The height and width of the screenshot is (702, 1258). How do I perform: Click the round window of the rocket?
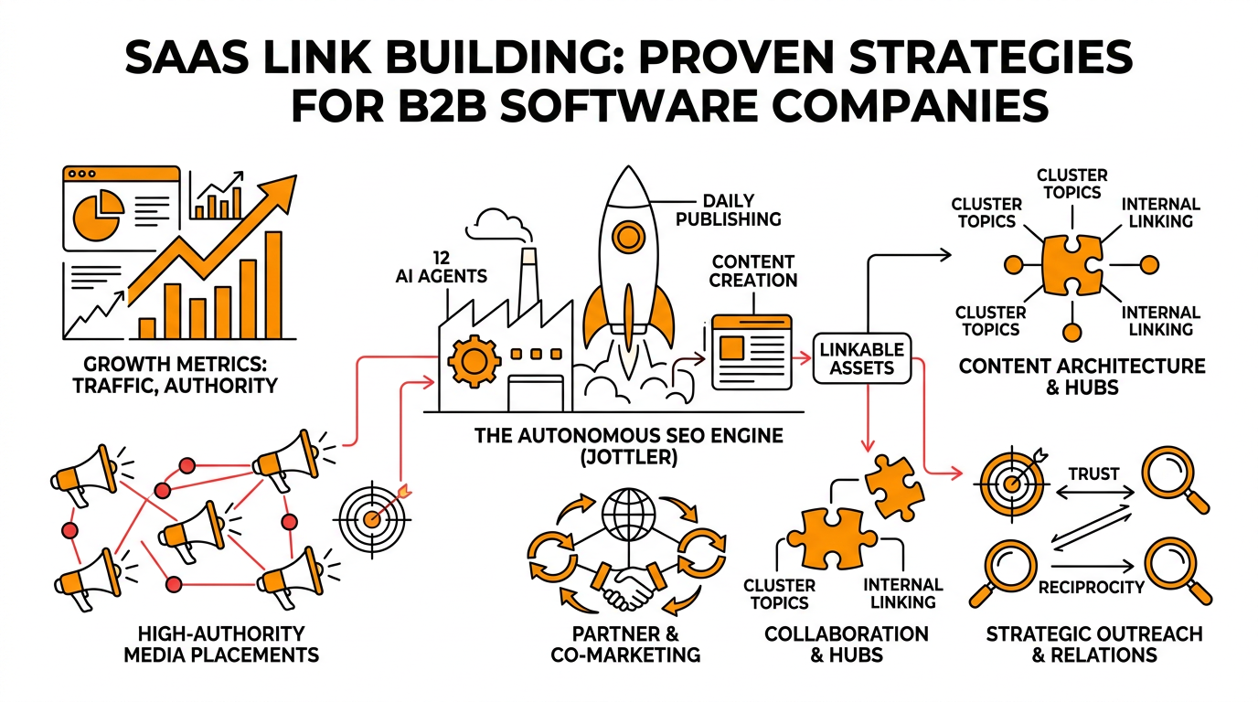(628, 237)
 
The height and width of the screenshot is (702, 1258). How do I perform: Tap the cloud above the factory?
(497, 223)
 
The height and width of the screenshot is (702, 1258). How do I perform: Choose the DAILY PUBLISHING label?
(741, 208)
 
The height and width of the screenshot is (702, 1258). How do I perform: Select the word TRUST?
(1093, 473)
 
